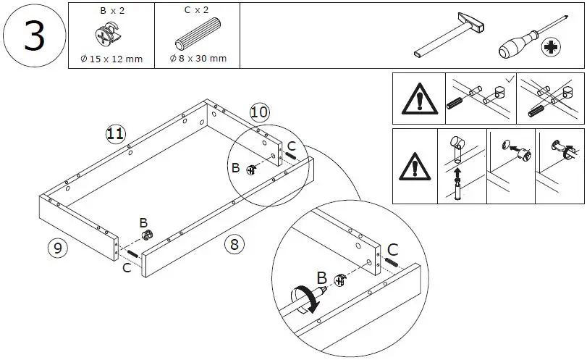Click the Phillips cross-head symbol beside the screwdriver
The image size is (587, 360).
click(554, 49)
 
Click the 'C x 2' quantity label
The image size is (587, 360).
click(198, 11)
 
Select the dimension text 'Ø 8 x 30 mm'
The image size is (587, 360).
click(198, 59)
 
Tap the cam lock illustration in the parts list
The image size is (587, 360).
click(110, 35)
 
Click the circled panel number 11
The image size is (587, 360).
click(115, 133)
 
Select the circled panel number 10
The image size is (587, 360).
click(259, 112)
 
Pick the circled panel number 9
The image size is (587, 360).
click(57, 248)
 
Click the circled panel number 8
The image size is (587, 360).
click(233, 243)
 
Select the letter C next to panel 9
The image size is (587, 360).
click(127, 268)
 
